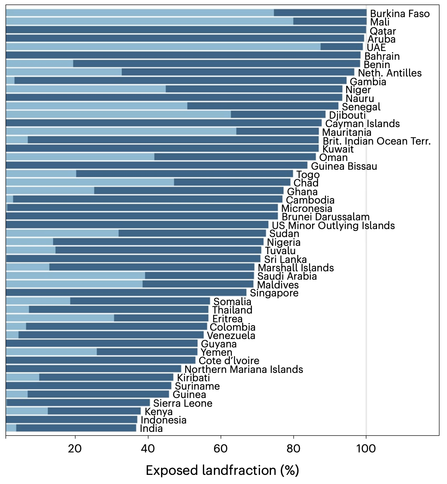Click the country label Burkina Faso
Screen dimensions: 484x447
(x=400, y=14)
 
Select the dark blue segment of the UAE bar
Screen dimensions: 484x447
(x=342, y=47)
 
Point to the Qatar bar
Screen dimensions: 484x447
(x=186, y=30)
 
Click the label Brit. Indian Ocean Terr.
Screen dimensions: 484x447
(x=377, y=141)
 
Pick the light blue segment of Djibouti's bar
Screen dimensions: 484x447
(x=118, y=115)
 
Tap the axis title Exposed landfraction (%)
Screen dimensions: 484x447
(x=222, y=471)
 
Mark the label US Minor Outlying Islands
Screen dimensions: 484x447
(x=333, y=226)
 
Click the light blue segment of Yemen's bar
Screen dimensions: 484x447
(x=51, y=352)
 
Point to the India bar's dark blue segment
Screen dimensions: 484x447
(x=76, y=428)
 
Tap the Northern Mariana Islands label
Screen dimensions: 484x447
(x=244, y=369)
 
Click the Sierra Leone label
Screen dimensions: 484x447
(x=183, y=403)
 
